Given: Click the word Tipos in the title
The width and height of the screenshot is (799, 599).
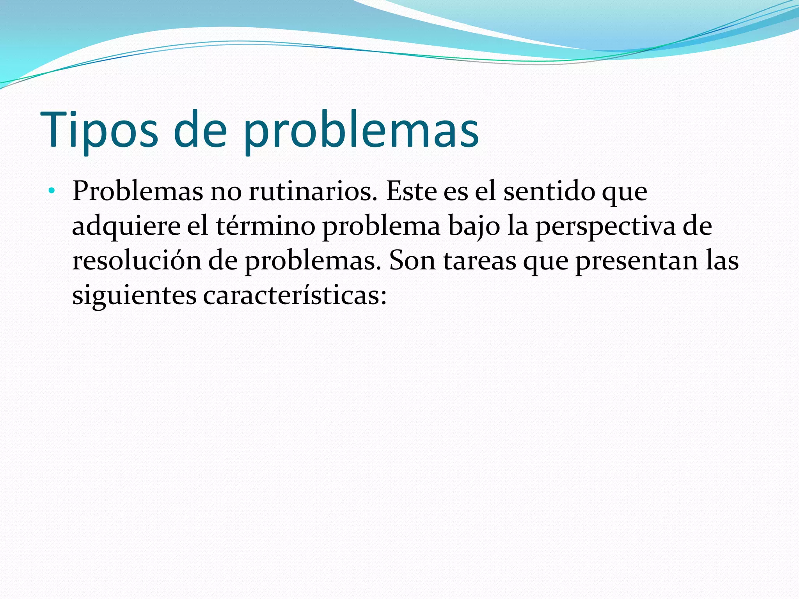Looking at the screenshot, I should (x=99, y=131).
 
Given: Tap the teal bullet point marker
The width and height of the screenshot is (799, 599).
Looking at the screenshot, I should (x=51, y=191).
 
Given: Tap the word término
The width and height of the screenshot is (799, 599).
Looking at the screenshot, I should (x=265, y=226).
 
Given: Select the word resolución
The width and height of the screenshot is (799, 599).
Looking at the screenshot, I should (x=137, y=261).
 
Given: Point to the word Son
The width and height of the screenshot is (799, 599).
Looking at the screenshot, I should (x=412, y=261).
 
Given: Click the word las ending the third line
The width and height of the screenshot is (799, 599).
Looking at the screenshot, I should (x=722, y=261).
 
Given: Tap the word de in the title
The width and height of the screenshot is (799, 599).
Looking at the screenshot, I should (x=200, y=131).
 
